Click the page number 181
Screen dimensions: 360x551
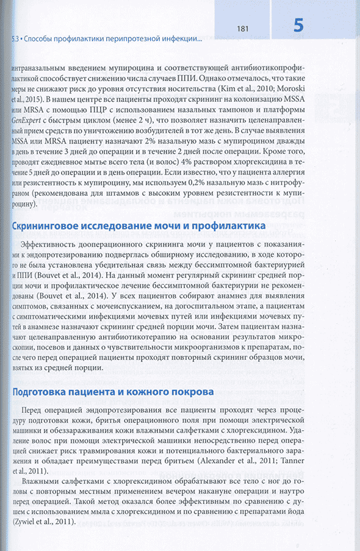click(x=242, y=28)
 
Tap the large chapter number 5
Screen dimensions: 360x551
click(x=298, y=26)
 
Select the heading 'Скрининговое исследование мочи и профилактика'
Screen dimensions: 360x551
click(x=139, y=226)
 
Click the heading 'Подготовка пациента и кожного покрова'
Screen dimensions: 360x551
click(x=112, y=391)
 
